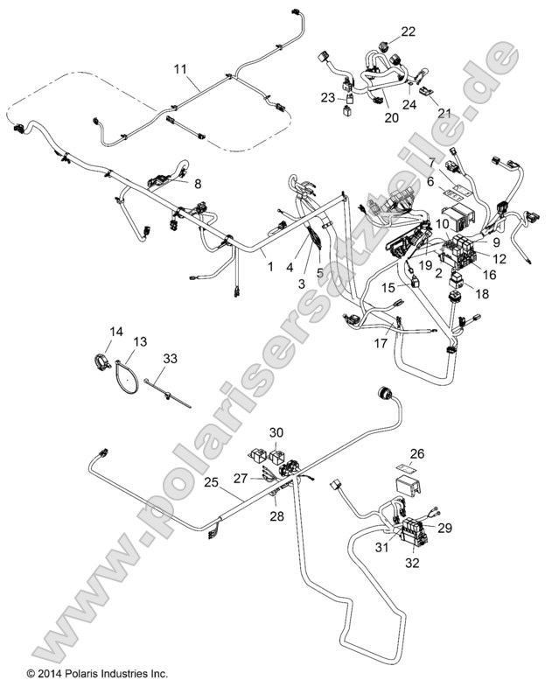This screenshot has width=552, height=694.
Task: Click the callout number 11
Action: pyautogui.click(x=179, y=68)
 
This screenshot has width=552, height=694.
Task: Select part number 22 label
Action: pyautogui.click(x=409, y=32)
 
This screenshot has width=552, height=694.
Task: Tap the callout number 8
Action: pyautogui.click(x=197, y=185)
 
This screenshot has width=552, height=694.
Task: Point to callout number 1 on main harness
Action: pyautogui.click(x=270, y=265)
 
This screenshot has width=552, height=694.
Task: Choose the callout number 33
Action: pyautogui.click(x=170, y=358)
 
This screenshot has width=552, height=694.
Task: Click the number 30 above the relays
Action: pyautogui.click(x=276, y=432)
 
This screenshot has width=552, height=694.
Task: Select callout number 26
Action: pyautogui.click(x=417, y=453)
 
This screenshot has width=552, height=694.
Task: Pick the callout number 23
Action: pyautogui.click(x=327, y=98)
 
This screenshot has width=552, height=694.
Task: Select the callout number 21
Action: pyautogui.click(x=444, y=114)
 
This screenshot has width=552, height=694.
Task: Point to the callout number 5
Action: pyautogui.click(x=319, y=272)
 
